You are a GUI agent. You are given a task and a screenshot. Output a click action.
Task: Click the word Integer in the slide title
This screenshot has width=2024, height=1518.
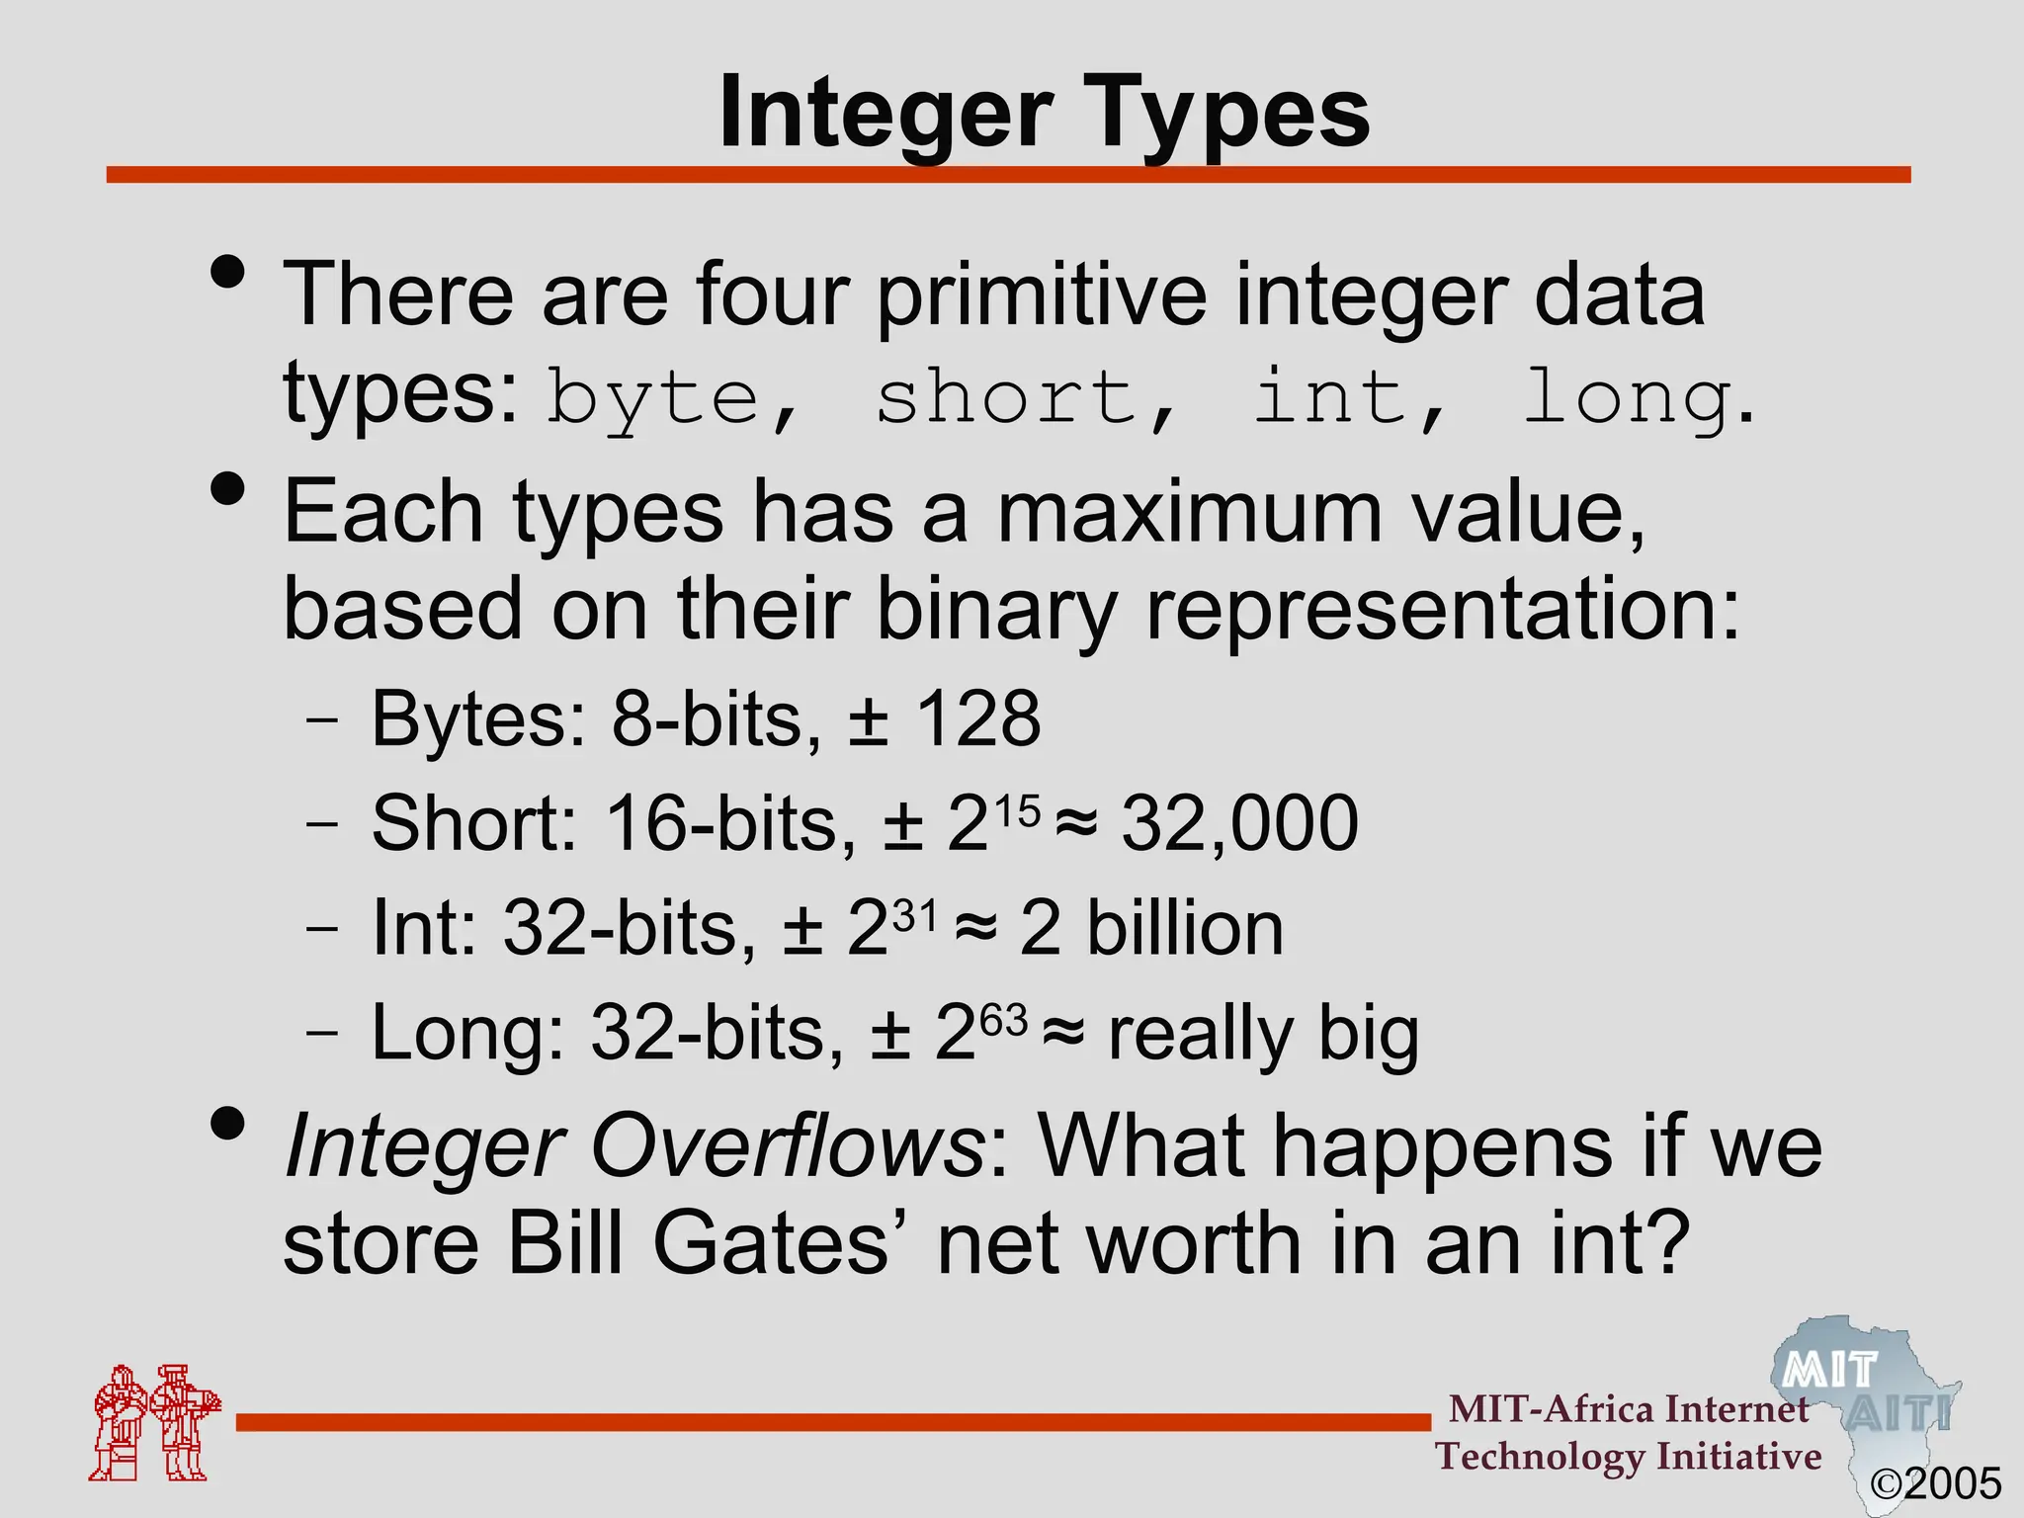pyautogui.click(x=885, y=114)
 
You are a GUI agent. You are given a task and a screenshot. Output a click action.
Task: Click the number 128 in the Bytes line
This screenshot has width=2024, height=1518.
pyautogui.click(x=978, y=718)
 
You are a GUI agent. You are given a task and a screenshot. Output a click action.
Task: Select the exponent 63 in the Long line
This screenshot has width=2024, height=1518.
pyautogui.click(x=1004, y=1021)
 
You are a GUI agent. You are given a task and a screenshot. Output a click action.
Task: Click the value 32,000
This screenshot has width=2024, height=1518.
pyautogui.click(x=1240, y=823)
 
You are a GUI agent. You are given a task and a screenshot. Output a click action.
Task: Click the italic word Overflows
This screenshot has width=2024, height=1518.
pyautogui.click(x=785, y=1147)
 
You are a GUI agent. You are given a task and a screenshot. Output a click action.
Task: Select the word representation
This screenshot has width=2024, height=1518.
pyautogui.click(x=1427, y=609)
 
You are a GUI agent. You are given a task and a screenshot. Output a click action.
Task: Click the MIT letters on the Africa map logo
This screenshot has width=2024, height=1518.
pyautogui.click(x=1830, y=1371)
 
